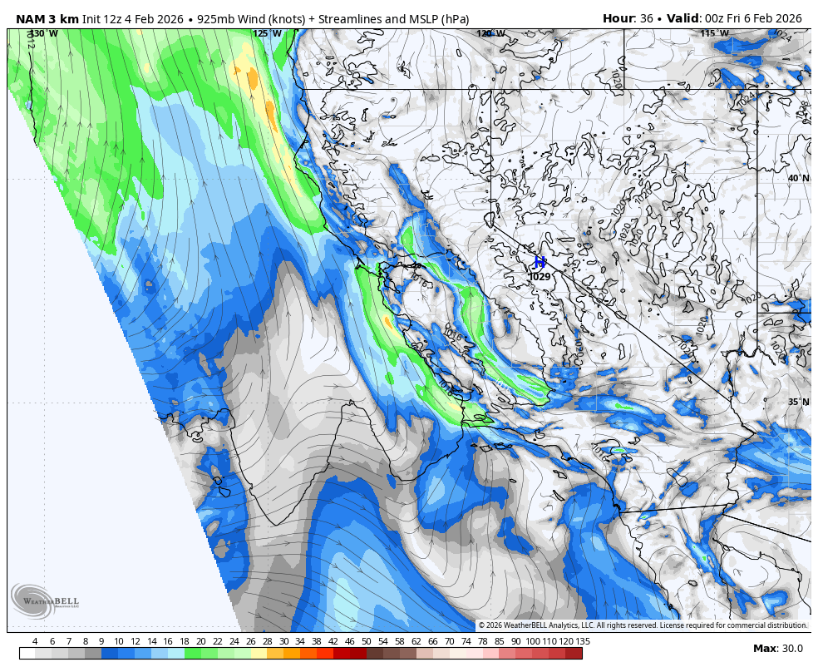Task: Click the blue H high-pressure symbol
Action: tap(540, 263)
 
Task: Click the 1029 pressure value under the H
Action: tap(540, 277)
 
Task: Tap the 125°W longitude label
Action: tap(267, 34)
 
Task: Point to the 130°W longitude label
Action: tap(44, 34)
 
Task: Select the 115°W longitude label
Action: tap(714, 34)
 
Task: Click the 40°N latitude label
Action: tap(798, 178)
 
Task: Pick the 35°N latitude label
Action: tap(798, 402)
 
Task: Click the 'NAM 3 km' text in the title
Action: tap(47, 18)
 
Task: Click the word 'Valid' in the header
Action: tap(683, 18)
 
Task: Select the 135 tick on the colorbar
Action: tap(583, 641)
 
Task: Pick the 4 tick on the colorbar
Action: tap(35, 641)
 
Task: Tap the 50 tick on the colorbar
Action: tap(366, 641)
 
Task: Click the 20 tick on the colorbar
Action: tap(200, 641)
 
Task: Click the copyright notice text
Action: tap(643, 625)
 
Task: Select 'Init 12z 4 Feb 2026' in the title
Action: tap(132, 18)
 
